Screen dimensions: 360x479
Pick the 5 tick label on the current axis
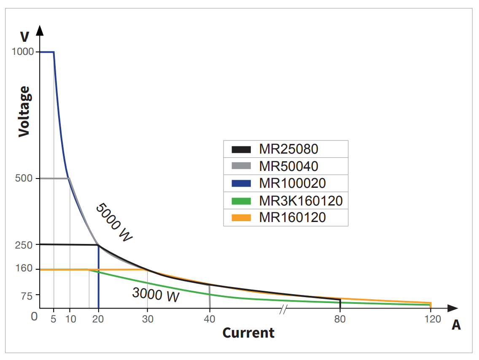tap(54, 319)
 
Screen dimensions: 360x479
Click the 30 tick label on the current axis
tap(147, 319)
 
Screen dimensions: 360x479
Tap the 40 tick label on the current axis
tap(210, 319)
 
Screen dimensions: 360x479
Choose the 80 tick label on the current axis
tap(340, 319)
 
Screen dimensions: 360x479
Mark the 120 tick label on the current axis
tap(431, 319)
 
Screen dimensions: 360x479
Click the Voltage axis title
tap(24, 111)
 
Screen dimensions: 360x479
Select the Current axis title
tap(248, 333)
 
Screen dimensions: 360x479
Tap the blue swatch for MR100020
tap(241, 184)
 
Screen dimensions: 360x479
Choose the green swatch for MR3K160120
tap(241, 201)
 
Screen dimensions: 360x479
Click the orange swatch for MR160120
tap(241, 218)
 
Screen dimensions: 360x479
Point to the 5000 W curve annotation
tap(114, 222)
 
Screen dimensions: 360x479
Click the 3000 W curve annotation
tap(156, 294)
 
